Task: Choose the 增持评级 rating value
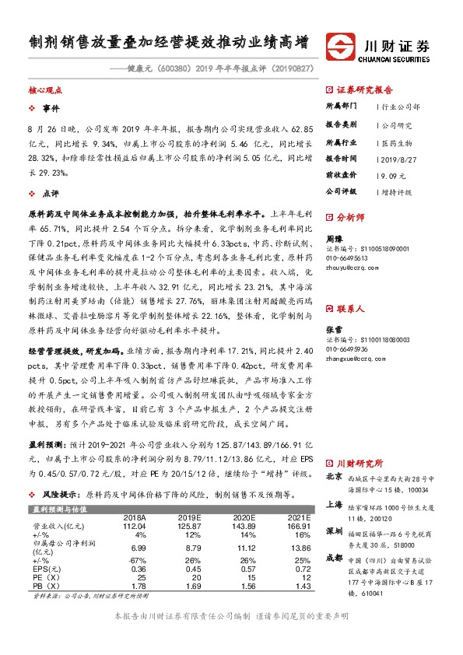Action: click(x=396, y=191)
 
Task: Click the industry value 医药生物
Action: click(x=395, y=142)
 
